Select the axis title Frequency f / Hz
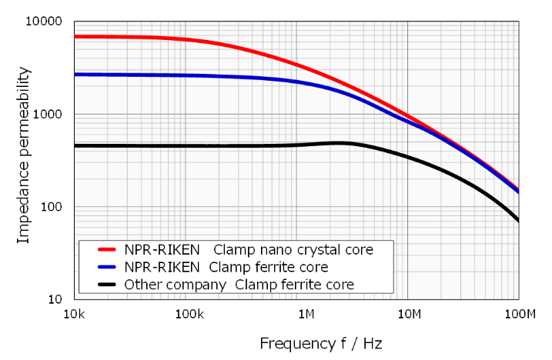[321, 342]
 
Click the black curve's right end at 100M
[518, 221]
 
